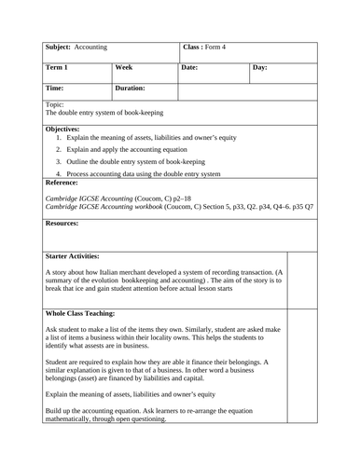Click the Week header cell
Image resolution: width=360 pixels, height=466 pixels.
(124, 68)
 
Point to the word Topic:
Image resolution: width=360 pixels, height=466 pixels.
(55, 105)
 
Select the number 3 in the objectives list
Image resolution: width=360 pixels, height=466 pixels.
(59, 160)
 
